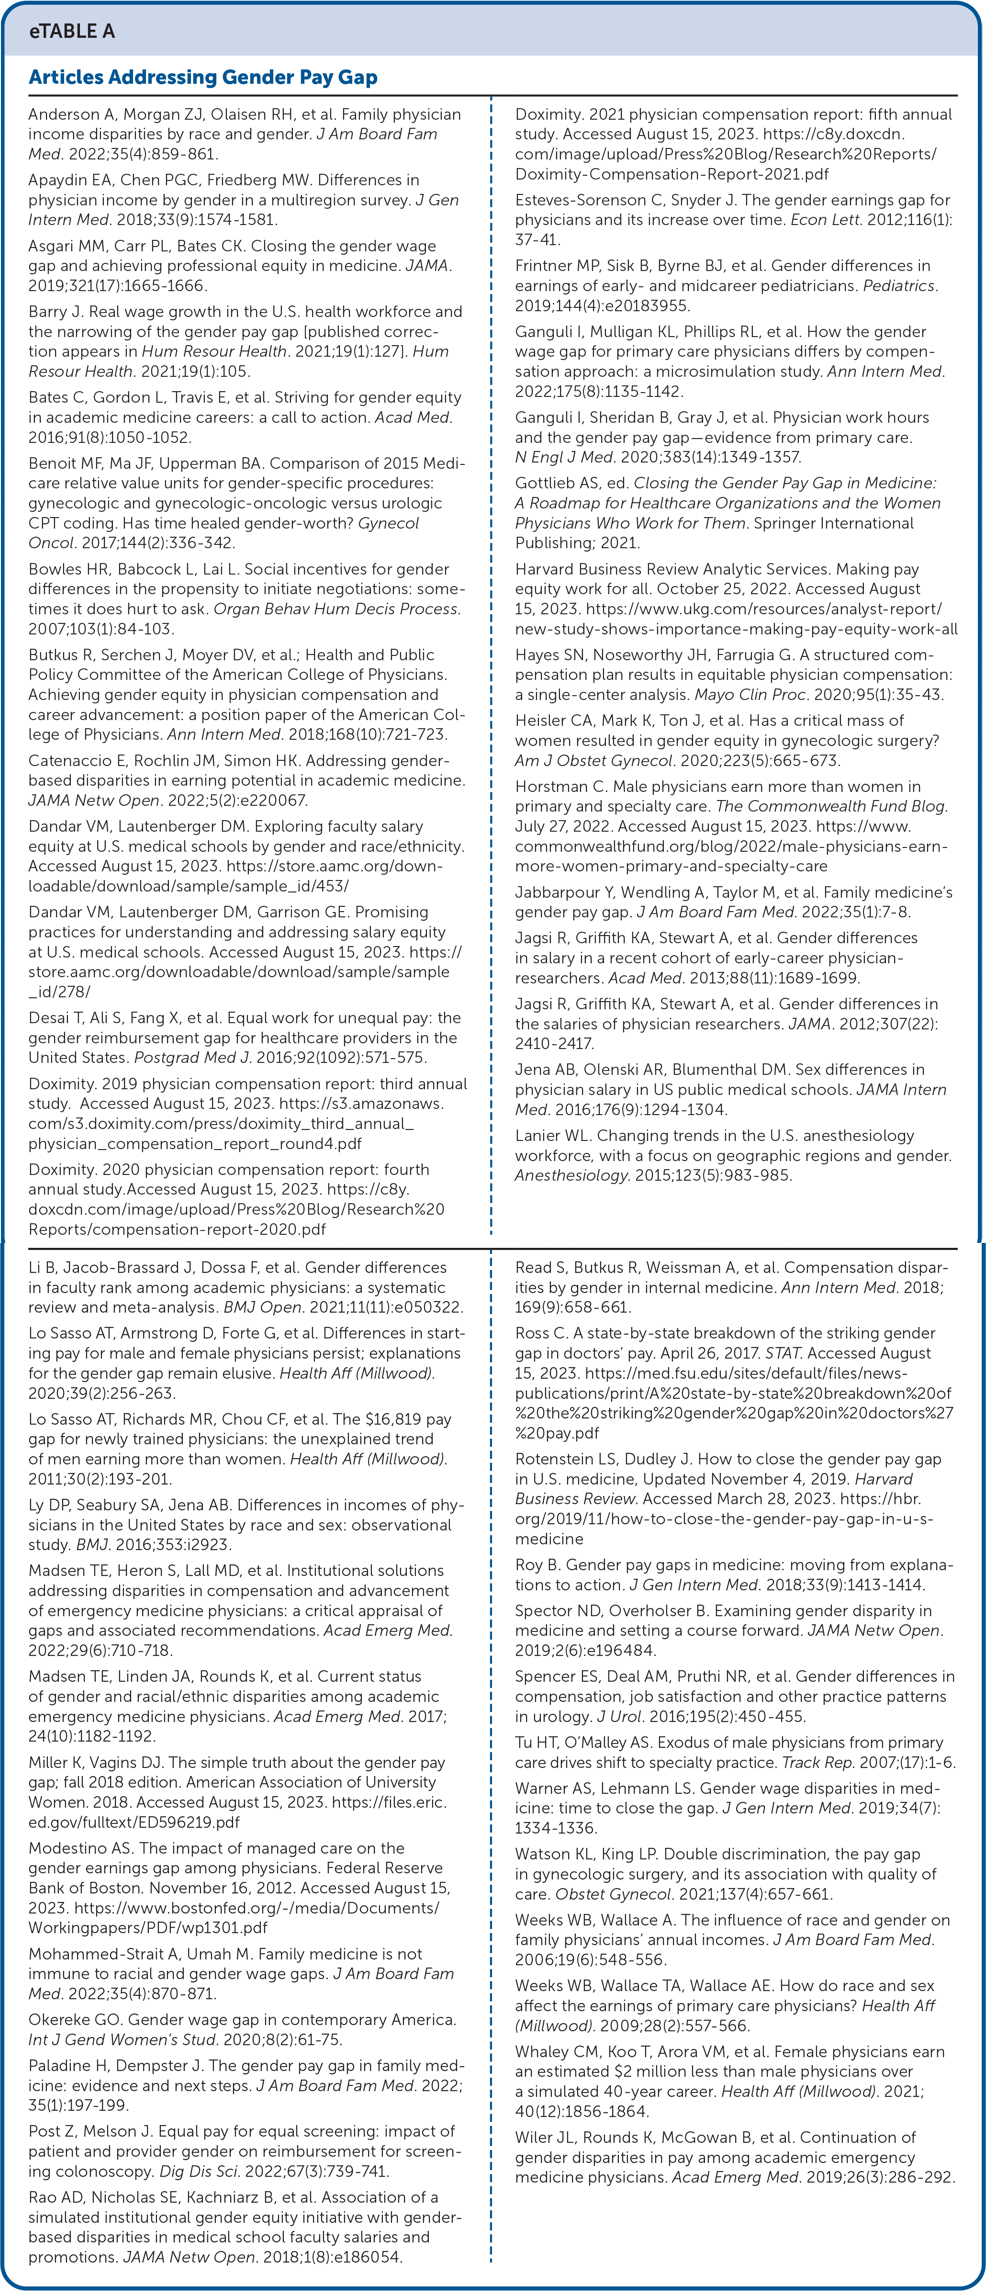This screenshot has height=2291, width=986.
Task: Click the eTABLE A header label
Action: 71,31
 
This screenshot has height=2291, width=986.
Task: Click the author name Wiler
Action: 534,2137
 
